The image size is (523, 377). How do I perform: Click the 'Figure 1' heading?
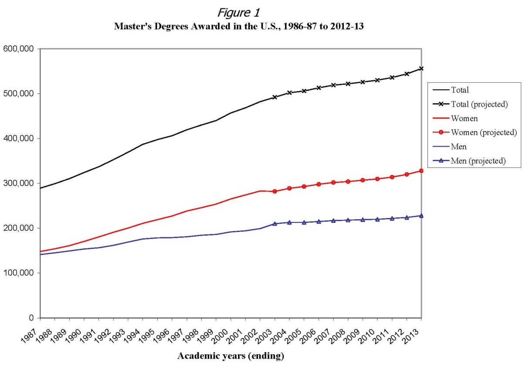click(238, 13)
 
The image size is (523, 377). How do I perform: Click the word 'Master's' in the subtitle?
click(131, 27)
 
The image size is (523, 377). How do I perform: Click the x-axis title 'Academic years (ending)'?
click(231, 356)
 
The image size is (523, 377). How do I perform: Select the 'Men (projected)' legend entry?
click(473, 161)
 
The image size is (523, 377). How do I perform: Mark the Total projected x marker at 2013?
click(421, 68)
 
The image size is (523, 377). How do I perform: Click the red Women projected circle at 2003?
click(275, 192)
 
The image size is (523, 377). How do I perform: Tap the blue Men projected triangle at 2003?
click(275, 224)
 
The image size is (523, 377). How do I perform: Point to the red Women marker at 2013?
click(421, 171)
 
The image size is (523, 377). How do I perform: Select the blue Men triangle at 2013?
click(421, 215)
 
